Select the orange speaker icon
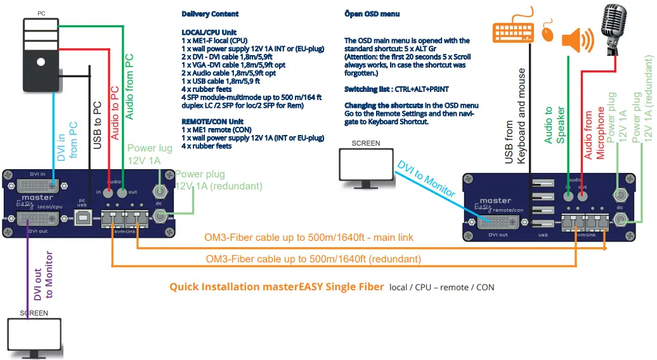pyautogui.click(x=577, y=41)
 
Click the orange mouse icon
pyautogui.click(x=549, y=34)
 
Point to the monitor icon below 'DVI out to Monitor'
pyautogui.click(x=36, y=336)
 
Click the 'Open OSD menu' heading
pyautogui.click(x=372, y=14)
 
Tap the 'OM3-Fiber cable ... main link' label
pyautogui.click(x=308, y=238)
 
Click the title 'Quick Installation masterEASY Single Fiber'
pyautogui.click(x=276, y=287)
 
